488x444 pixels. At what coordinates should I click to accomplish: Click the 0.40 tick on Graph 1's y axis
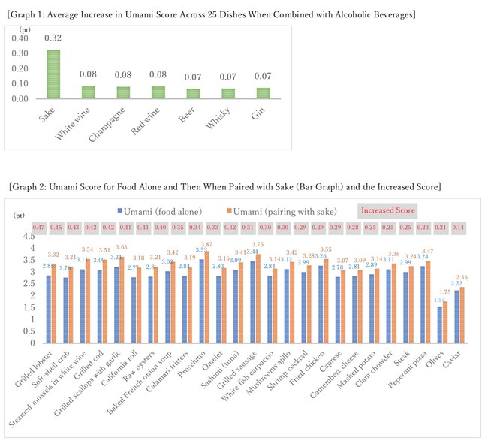22,38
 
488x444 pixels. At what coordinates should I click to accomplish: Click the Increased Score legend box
387,210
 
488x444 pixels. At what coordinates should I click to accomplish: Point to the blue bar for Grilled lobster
48,309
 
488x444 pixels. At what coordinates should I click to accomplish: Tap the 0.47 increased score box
38,228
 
